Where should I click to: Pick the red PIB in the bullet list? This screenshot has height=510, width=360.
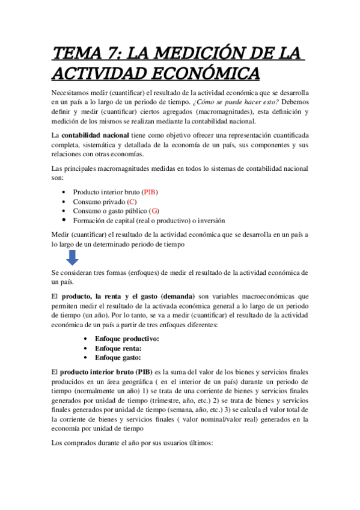click(150, 192)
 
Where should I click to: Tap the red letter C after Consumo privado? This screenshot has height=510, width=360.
click(132, 201)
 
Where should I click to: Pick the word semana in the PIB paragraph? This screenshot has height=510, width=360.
click(177, 410)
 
